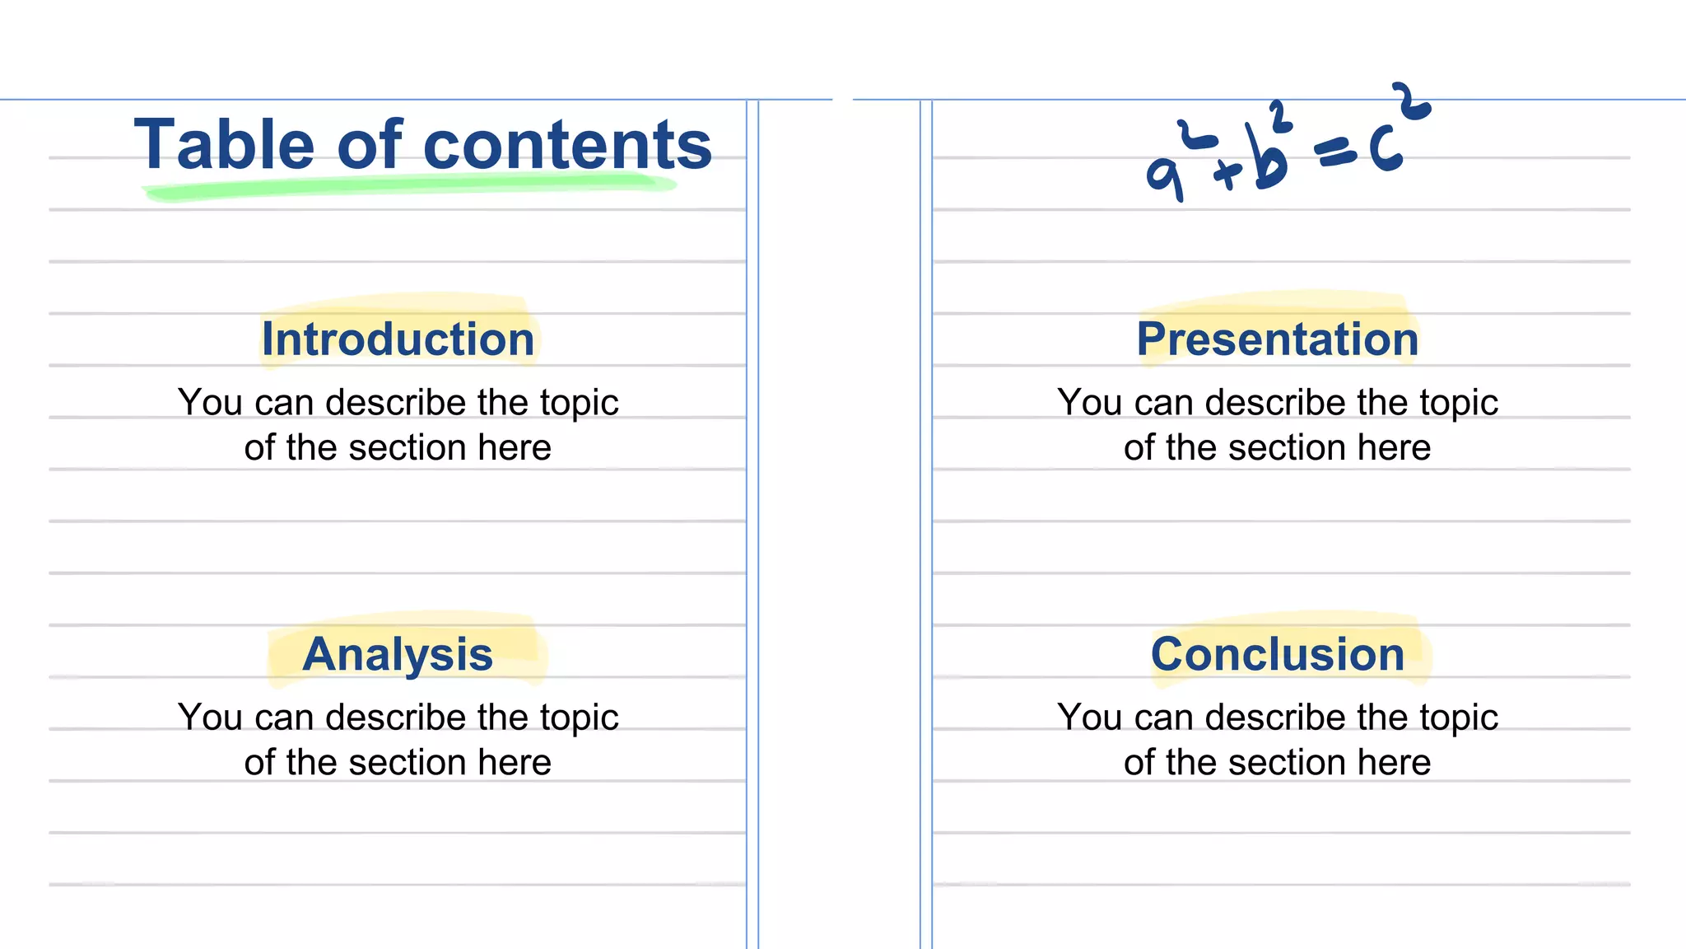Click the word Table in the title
[x=224, y=145]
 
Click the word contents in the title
[x=567, y=145]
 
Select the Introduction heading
[x=398, y=339]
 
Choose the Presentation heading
[x=1278, y=339]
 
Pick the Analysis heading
[x=398, y=655]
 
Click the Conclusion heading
[x=1278, y=655]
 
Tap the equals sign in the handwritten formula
[x=1335, y=152]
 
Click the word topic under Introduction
[x=579, y=404]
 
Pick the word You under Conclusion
[x=1084, y=718]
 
